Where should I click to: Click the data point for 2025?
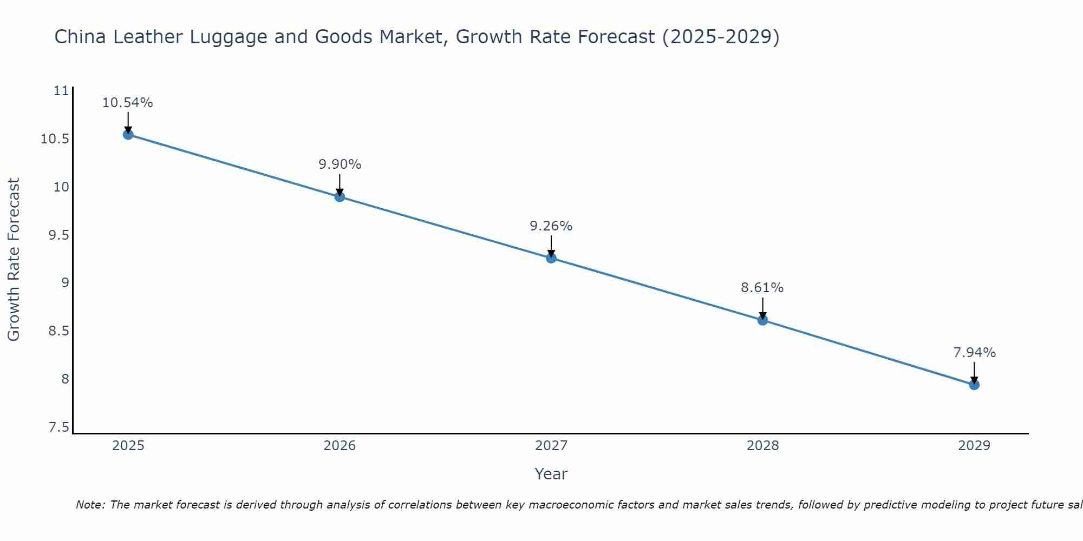[128, 134]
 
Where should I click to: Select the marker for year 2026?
[340, 196]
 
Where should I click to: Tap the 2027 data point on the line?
[551, 258]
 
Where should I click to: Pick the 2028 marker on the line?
[762, 320]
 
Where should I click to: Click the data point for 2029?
[974, 385]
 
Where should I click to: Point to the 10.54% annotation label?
[128, 103]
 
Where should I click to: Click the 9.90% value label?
[340, 164]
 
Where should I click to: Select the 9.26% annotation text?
[551, 226]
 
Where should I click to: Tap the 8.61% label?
[762, 288]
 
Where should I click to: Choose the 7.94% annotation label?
[974, 353]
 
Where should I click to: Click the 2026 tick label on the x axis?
[340, 446]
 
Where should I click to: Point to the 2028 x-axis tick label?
[762, 446]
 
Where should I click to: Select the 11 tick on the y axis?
[62, 91]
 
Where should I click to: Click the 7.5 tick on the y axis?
[59, 428]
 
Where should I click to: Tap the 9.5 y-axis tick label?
[59, 235]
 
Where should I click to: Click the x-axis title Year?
[551, 474]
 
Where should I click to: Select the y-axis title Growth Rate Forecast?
[14, 259]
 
